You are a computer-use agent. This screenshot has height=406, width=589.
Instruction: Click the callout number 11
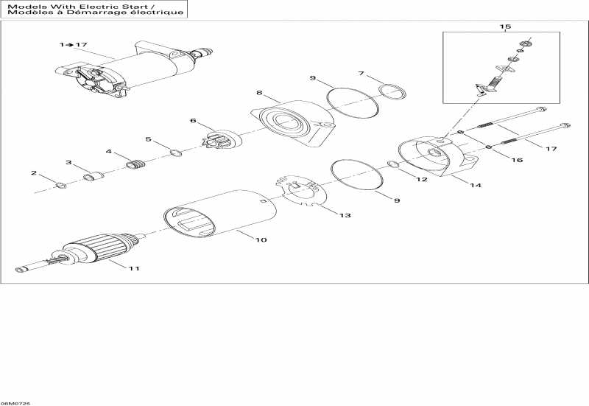click(x=133, y=268)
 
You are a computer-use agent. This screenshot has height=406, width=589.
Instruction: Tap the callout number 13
click(x=345, y=215)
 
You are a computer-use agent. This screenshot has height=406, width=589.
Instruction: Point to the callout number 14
click(x=476, y=186)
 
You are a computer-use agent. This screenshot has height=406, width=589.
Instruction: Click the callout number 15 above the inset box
click(x=505, y=27)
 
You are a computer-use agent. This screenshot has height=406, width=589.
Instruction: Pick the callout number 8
click(x=259, y=93)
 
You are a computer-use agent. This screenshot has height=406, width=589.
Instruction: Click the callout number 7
click(x=361, y=73)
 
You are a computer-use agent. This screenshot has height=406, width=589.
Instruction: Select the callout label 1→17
click(x=73, y=45)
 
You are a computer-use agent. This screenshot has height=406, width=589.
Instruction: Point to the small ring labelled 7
click(x=393, y=91)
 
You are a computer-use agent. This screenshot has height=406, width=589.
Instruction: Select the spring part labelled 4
click(x=135, y=164)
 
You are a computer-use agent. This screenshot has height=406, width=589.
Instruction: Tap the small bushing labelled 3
click(x=93, y=177)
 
